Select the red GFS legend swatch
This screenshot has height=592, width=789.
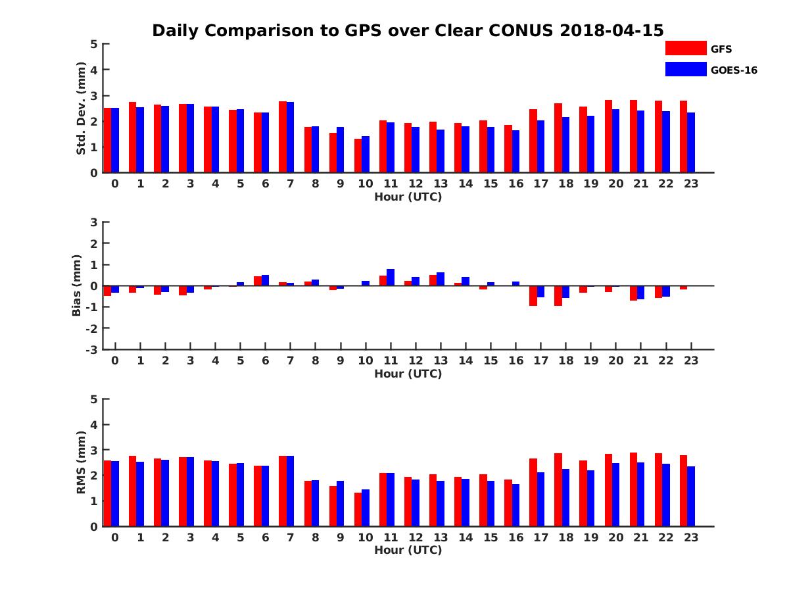[x=685, y=48]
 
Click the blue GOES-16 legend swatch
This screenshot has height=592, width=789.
[x=685, y=69]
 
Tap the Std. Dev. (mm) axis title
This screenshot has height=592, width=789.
[x=82, y=109]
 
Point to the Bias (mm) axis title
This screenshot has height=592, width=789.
[x=77, y=285]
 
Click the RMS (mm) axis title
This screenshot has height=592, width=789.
[x=82, y=462]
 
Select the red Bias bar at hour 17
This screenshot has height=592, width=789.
[x=533, y=295]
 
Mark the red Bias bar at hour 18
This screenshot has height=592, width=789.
[x=558, y=295]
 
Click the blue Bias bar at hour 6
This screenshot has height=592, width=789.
[x=266, y=280]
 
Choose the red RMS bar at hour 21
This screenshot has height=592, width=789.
[x=633, y=489]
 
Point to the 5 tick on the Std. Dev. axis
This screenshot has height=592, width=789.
[x=94, y=44]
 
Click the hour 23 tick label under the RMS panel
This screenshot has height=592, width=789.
[x=691, y=537]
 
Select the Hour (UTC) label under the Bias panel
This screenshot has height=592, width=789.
[x=408, y=374]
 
